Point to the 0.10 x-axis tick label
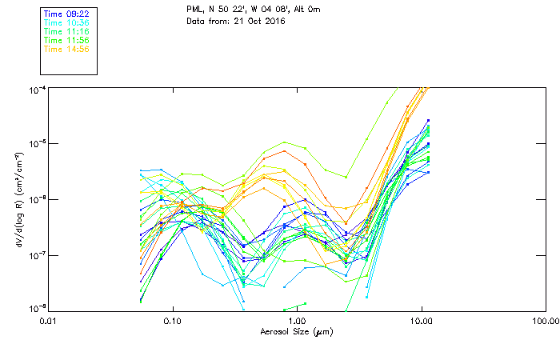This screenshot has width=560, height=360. pyautogui.click(x=173, y=322)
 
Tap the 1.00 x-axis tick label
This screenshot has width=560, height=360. pyautogui.click(x=297, y=322)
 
